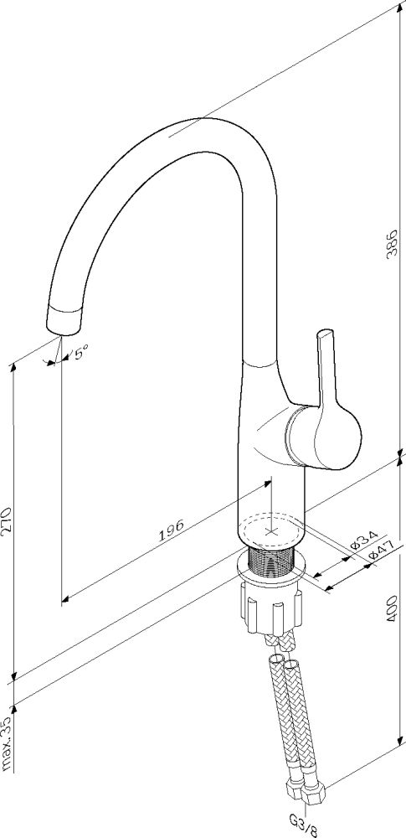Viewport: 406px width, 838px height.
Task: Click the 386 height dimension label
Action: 393,245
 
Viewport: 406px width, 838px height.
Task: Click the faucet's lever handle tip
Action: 324,333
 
